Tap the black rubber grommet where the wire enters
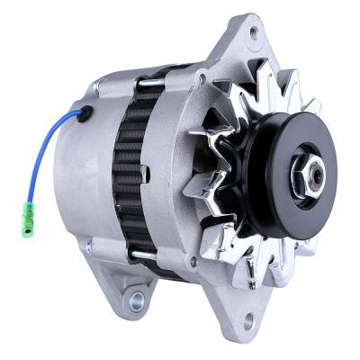tap(86, 112)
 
